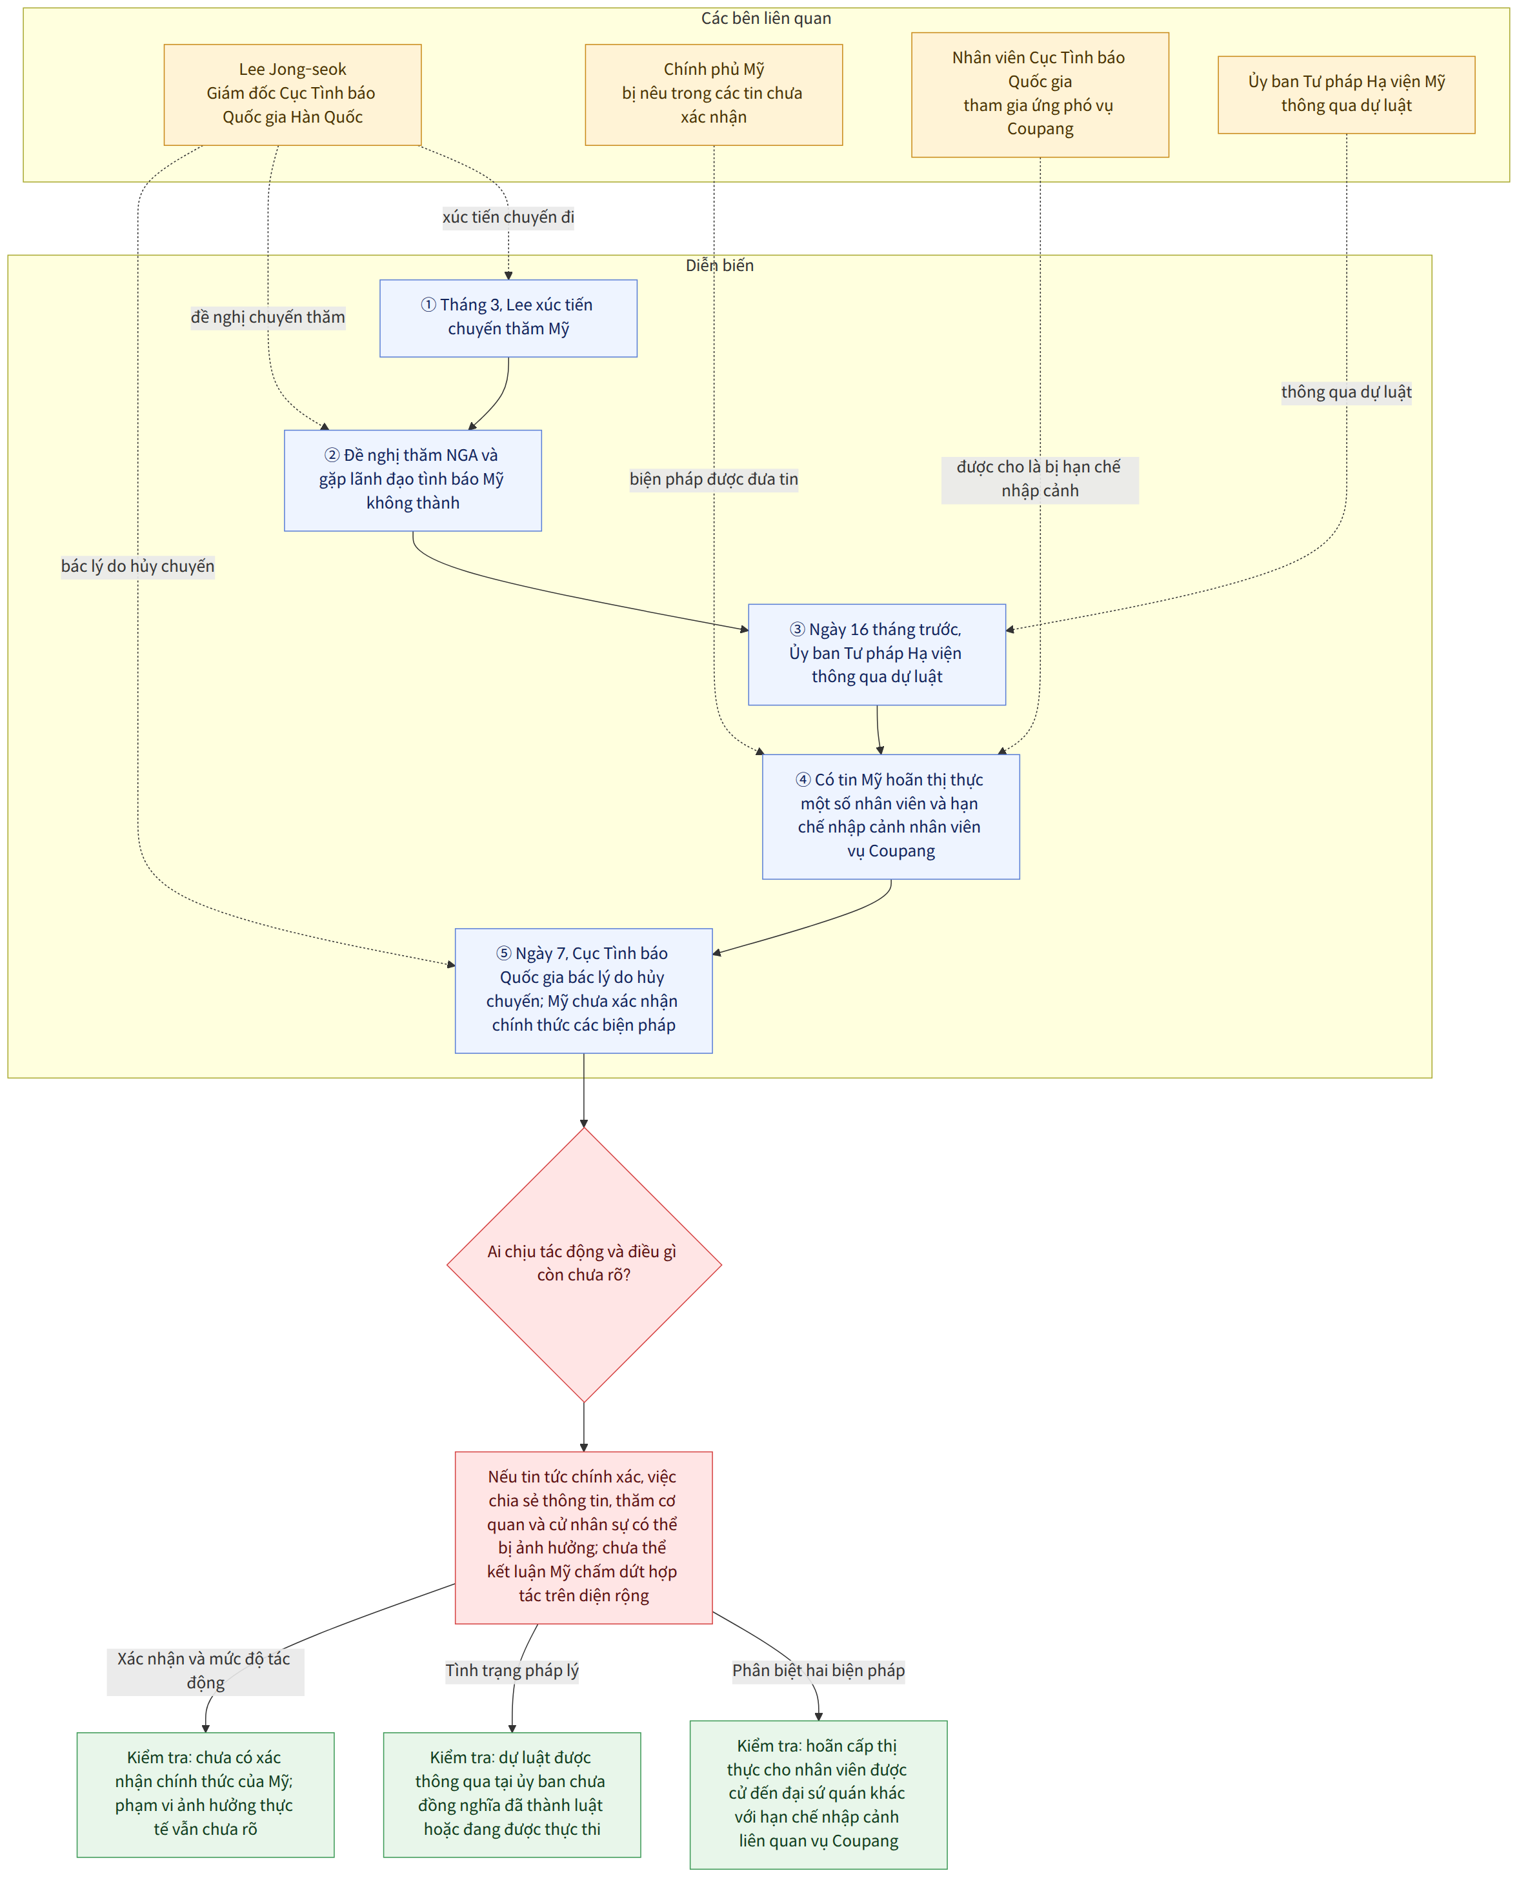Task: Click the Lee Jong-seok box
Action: point(292,94)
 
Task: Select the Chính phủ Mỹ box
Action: point(714,94)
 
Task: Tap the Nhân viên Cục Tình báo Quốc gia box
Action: point(1040,94)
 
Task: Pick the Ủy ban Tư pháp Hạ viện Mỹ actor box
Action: point(1346,94)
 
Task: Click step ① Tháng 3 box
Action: point(508,318)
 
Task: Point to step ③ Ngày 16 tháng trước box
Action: point(877,654)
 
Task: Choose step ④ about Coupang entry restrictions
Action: point(890,816)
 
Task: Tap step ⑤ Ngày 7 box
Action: point(583,991)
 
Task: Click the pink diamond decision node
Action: point(583,1264)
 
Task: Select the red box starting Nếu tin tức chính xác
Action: point(583,1537)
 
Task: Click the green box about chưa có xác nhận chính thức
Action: point(205,1794)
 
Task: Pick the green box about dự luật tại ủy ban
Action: point(512,1794)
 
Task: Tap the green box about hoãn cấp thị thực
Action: point(819,1794)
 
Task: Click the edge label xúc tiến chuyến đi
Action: point(508,217)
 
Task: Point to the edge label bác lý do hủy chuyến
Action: point(138,566)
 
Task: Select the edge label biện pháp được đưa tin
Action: point(714,480)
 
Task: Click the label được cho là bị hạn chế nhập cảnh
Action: point(1040,480)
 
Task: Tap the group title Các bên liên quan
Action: point(766,19)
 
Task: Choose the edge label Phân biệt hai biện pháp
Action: point(819,1671)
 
